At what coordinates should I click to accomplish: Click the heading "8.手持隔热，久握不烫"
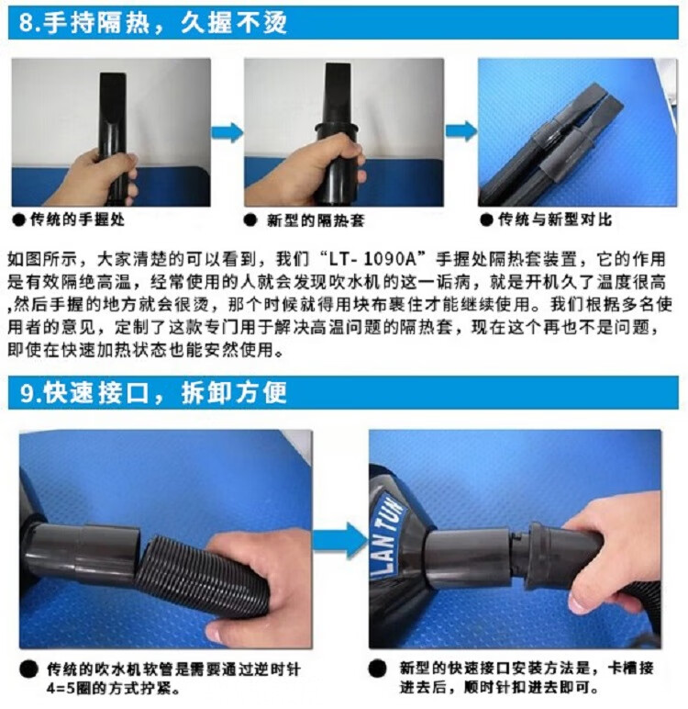[152, 22]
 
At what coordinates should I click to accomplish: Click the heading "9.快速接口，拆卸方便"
[153, 392]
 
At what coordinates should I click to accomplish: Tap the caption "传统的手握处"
[77, 219]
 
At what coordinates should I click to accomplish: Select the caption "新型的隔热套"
[316, 220]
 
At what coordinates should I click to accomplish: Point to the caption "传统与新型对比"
[555, 219]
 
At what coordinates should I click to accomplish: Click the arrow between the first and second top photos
[227, 132]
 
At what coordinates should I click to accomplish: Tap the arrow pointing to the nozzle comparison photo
[461, 131]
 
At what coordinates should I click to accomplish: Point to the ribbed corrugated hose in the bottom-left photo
[199, 573]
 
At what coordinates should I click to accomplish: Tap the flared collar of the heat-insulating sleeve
[338, 129]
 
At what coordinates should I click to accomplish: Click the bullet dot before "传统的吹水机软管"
[29, 669]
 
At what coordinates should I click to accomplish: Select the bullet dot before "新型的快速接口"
[377, 668]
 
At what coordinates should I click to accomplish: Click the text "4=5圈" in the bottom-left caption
[69, 689]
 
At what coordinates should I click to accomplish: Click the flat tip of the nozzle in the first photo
[114, 78]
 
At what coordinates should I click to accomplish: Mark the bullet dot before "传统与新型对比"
[486, 220]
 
